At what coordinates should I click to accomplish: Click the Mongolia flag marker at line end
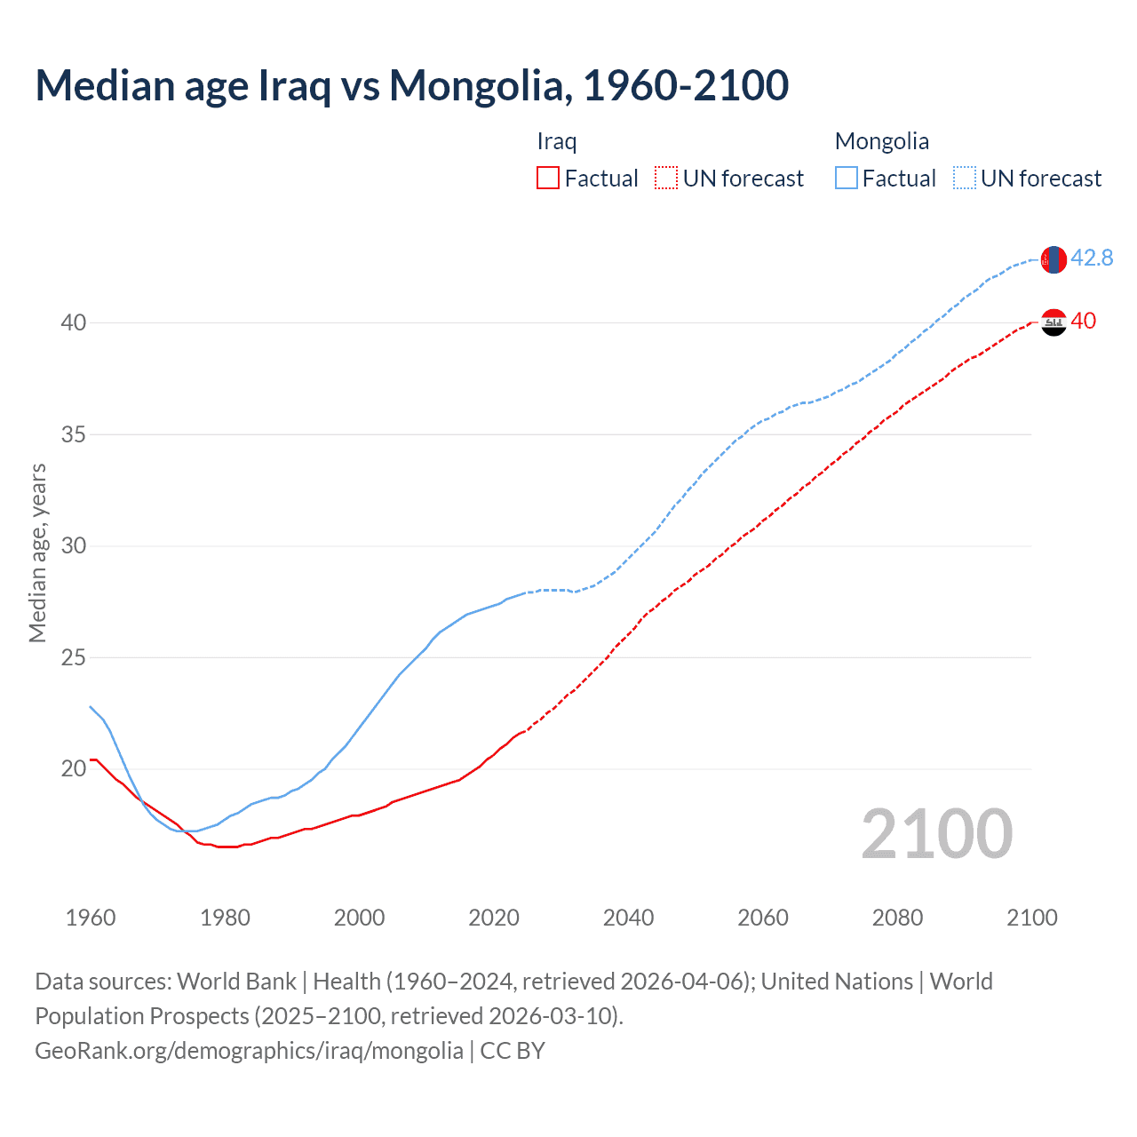tap(1054, 259)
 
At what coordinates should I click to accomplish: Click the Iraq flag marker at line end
tap(1054, 322)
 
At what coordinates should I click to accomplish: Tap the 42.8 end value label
tap(1092, 258)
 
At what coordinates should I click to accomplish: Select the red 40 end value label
tap(1084, 321)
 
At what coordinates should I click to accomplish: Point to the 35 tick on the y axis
tap(74, 434)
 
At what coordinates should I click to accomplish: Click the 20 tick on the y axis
tap(74, 768)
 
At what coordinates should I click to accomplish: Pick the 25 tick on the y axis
tap(74, 657)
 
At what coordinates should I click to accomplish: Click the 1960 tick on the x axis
tap(91, 918)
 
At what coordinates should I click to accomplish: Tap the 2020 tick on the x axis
tap(494, 918)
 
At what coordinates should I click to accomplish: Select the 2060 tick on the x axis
tap(763, 918)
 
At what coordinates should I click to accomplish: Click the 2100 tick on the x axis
tap(1032, 918)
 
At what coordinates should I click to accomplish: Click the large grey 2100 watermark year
tap(936, 833)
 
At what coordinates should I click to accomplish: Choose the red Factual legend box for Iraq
tap(548, 179)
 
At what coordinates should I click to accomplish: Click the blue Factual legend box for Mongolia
tap(846, 179)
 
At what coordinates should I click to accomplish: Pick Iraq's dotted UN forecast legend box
tap(666, 179)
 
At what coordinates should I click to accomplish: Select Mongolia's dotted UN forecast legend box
tap(964, 179)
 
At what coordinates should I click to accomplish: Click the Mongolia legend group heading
tap(881, 141)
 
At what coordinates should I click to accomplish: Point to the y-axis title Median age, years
tap(37, 553)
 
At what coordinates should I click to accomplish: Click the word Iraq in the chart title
tap(294, 85)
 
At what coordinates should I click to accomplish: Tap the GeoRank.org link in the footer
tap(249, 1051)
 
